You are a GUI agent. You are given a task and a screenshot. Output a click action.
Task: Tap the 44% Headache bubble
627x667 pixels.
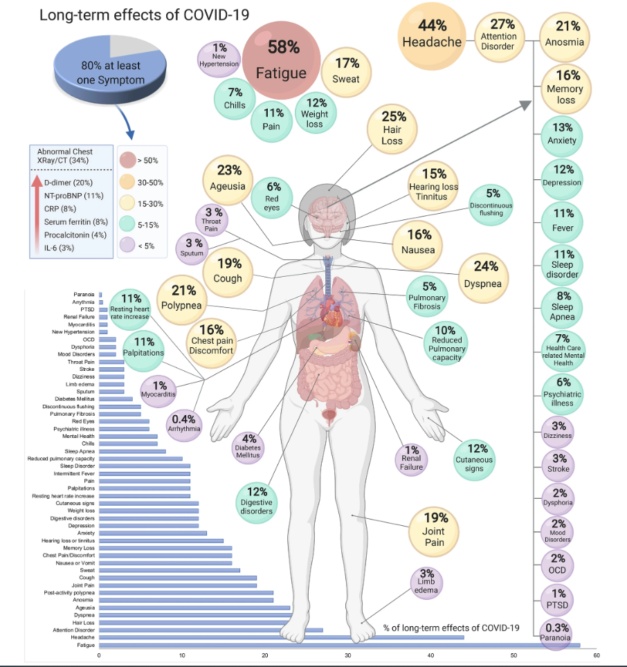point(432,35)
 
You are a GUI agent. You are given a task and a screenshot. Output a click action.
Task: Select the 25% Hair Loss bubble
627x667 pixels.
point(392,129)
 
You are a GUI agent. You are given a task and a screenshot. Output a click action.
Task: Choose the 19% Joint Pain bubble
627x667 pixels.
point(435,529)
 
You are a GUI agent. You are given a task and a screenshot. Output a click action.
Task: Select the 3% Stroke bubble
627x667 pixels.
point(558,463)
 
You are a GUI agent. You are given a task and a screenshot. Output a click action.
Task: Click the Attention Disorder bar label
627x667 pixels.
point(73,630)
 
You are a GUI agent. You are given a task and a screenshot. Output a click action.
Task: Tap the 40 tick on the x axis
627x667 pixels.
point(430,654)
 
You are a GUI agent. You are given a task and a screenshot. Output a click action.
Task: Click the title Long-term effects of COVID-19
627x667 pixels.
point(145,15)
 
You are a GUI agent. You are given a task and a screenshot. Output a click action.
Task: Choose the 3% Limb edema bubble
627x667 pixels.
point(427,581)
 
